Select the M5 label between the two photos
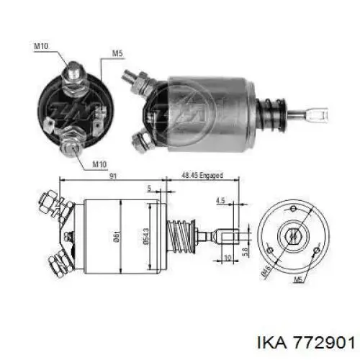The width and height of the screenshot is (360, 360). point(117,53)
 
